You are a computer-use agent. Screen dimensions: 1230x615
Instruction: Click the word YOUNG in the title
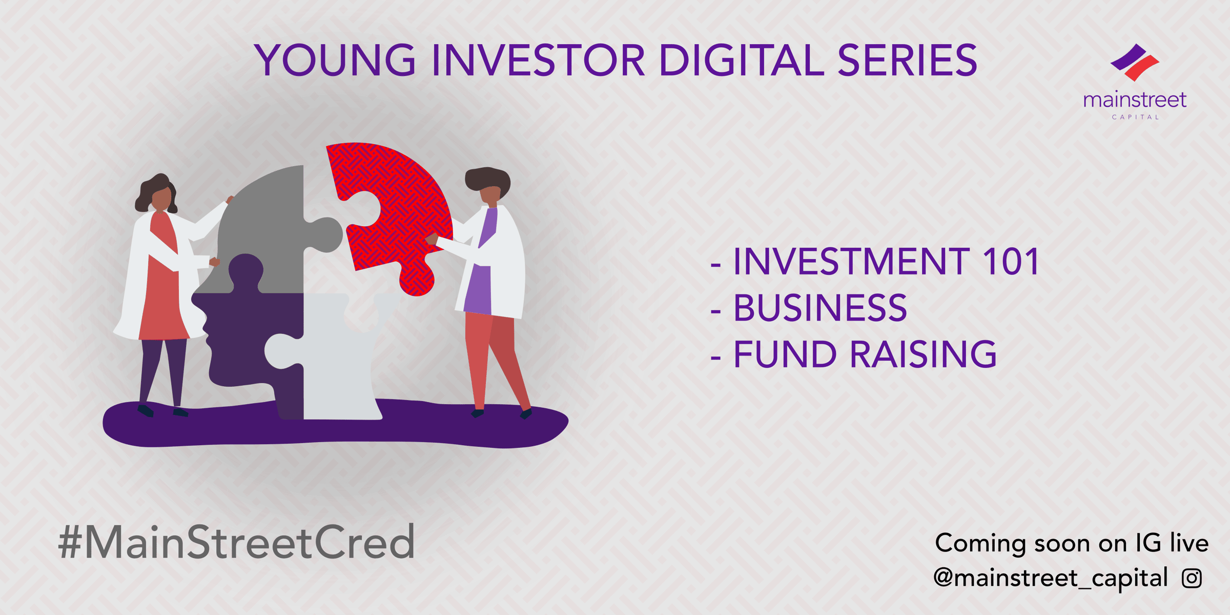pyautogui.click(x=335, y=60)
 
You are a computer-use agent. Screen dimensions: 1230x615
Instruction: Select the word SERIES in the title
pyautogui.click(x=908, y=60)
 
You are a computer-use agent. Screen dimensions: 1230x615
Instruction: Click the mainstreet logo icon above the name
pyautogui.click(x=1135, y=63)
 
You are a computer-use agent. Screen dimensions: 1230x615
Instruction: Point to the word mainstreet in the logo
pyautogui.click(x=1135, y=100)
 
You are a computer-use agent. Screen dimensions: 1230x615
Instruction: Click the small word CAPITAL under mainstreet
pyautogui.click(x=1135, y=117)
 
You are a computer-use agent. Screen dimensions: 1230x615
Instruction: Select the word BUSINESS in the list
pyautogui.click(x=820, y=308)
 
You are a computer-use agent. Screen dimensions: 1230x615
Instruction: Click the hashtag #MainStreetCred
pyautogui.click(x=236, y=541)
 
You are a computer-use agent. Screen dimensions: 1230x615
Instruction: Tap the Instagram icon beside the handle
pyautogui.click(x=1192, y=578)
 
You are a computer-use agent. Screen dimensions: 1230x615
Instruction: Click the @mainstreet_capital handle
pyautogui.click(x=1051, y=578)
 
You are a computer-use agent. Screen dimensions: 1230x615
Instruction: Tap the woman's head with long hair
pyautogui.click(x=158, y=194)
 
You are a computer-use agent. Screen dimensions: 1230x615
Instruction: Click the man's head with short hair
pyautogui.click(x=488, y=186)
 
